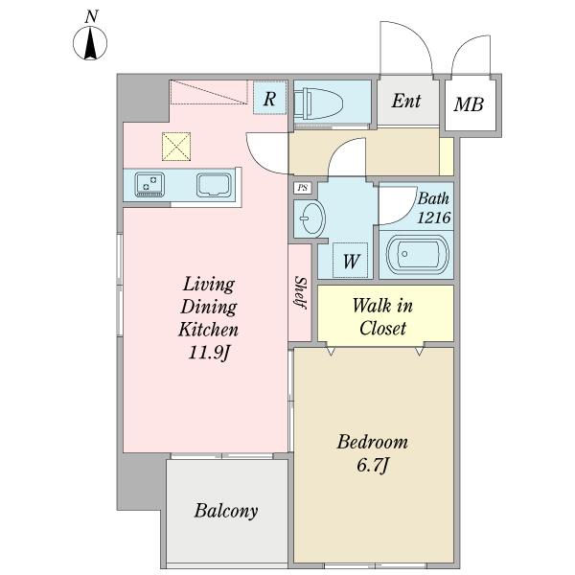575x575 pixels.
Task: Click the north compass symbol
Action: pyautogui.click(x=90, y=42)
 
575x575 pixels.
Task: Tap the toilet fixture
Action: pyautogui.click(x=319, y=103)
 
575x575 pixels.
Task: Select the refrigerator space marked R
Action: pyautogui.click(x=270, y=98)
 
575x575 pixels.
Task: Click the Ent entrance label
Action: pyautogui.click(x=406, y=101)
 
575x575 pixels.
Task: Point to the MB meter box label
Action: pyautogui.click(x=469, y=104)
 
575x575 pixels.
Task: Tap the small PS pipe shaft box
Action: pyautogui.click(x=303, y=188)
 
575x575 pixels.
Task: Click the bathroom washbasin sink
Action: pyautogui.click(x=310, y=218)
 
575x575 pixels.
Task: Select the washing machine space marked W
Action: pyautogui.click(x=350, y=261)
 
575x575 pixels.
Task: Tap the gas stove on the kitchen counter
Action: pyautogui.click(x=149, y=185)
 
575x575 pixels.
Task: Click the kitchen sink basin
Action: pyautogui.click(x=214, y=185)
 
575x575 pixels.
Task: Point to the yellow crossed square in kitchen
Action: pyautogui.click(x=176, y=147)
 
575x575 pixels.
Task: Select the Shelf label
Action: pyautogui.click(x=300, y=292)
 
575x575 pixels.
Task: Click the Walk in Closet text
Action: pyautogui.click(x=382, y=316)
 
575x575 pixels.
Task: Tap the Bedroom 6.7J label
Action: pyautogui.click(x=372, y=453)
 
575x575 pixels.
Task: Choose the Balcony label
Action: pyautogui.click(x=226, y=511)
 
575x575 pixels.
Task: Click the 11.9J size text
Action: pyautogui.click(x=209, y=353)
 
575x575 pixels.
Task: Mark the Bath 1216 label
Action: pyautogui.click(x=434, y=208)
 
